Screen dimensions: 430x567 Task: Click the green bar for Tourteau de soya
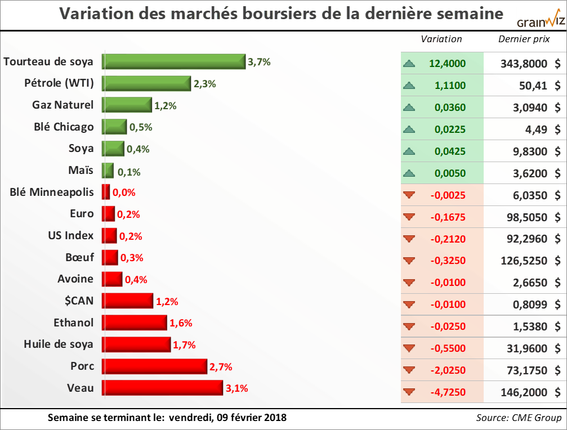(x=173, y=61)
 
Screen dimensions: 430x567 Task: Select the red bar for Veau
(x=162, y=388)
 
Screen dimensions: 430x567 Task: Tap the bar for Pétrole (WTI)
(x=146, y=83)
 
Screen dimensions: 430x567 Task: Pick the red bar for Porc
(x=154, y=366)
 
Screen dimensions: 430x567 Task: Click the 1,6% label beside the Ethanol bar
(x=181, y=323)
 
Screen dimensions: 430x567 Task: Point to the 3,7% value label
(x=259, y=62)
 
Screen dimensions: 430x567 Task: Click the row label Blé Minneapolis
(x=52, y=192)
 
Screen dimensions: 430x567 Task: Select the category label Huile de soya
(x=59, y=344)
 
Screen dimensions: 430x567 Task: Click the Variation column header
(x=441, y=39)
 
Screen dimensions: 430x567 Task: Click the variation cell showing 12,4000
(x=447, y=64)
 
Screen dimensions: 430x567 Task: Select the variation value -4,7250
(x=448, y=392)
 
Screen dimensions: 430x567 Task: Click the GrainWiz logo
(x=540, y=22)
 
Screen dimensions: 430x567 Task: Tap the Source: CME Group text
(x=519, y=418)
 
